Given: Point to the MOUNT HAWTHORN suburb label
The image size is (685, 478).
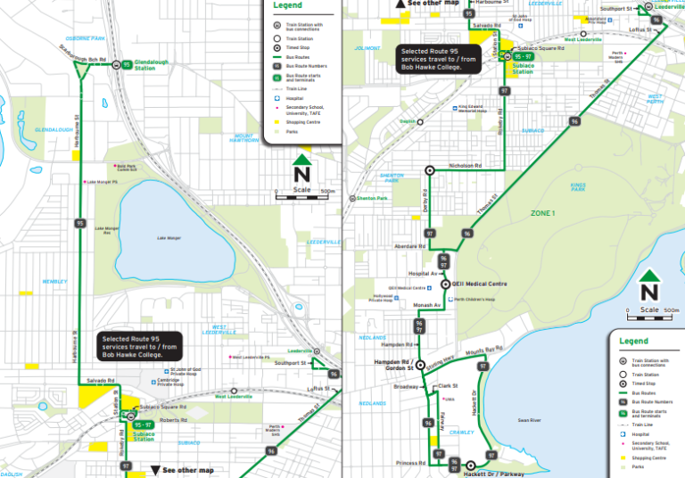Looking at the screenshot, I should tap(244, 138).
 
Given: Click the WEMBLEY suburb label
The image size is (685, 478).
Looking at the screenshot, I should tap(55, 282).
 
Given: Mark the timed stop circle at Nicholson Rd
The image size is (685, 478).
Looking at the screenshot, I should tap(429, 169).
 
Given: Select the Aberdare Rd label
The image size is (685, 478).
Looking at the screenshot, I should tap(407, 246).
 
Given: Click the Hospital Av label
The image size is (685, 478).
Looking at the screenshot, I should tap(420, 273).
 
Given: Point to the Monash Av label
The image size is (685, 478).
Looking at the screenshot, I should tap(427, 305).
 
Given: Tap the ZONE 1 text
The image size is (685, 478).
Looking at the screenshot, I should tap(541, 213).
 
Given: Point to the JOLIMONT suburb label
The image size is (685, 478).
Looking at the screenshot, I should tap(367, 48).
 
